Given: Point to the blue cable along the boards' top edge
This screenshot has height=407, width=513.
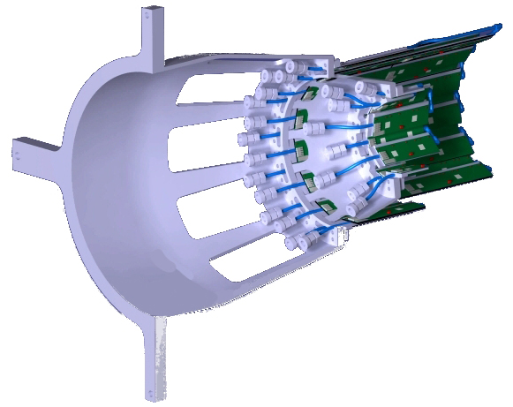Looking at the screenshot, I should click(x=424, y=49).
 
